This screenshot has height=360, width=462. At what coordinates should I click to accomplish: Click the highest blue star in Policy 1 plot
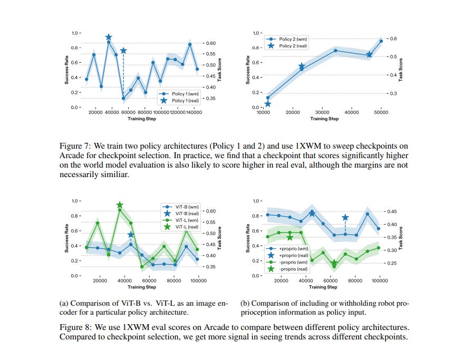pyautogui.click(x=109, y=37)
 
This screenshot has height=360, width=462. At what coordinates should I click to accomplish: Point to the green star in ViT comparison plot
pyautogui.click(x=120, y=205)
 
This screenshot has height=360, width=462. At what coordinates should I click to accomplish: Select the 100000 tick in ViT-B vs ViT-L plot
pyautogui.click(x=198, y=281)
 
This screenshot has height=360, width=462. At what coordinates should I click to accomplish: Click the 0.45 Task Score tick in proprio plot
pyautogui.click(x=392, y=212)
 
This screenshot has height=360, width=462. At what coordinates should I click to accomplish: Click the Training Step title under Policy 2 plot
pyautogui.click(x=324, y=119)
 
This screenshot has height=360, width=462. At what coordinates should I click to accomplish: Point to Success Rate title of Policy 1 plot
pyautogui.click(x=66, y=70)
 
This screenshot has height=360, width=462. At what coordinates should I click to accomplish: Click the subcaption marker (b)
pyautogui.click(x=245, y=304)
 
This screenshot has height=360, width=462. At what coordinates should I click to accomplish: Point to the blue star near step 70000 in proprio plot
pyautogui.click(x=345, y=217)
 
